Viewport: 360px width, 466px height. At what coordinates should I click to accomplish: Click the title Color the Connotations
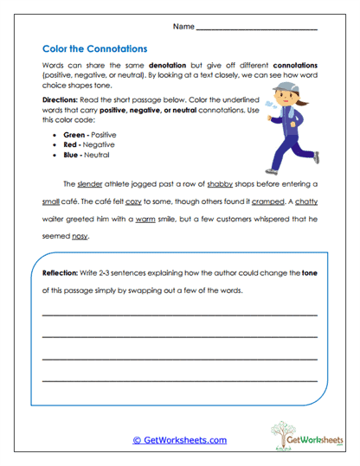pos(95,48)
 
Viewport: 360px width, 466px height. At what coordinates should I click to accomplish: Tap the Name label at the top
pos(183,27)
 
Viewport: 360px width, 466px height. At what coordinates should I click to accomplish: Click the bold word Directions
pos(60,101)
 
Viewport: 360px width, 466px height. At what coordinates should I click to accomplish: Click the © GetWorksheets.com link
pos(179,439)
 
